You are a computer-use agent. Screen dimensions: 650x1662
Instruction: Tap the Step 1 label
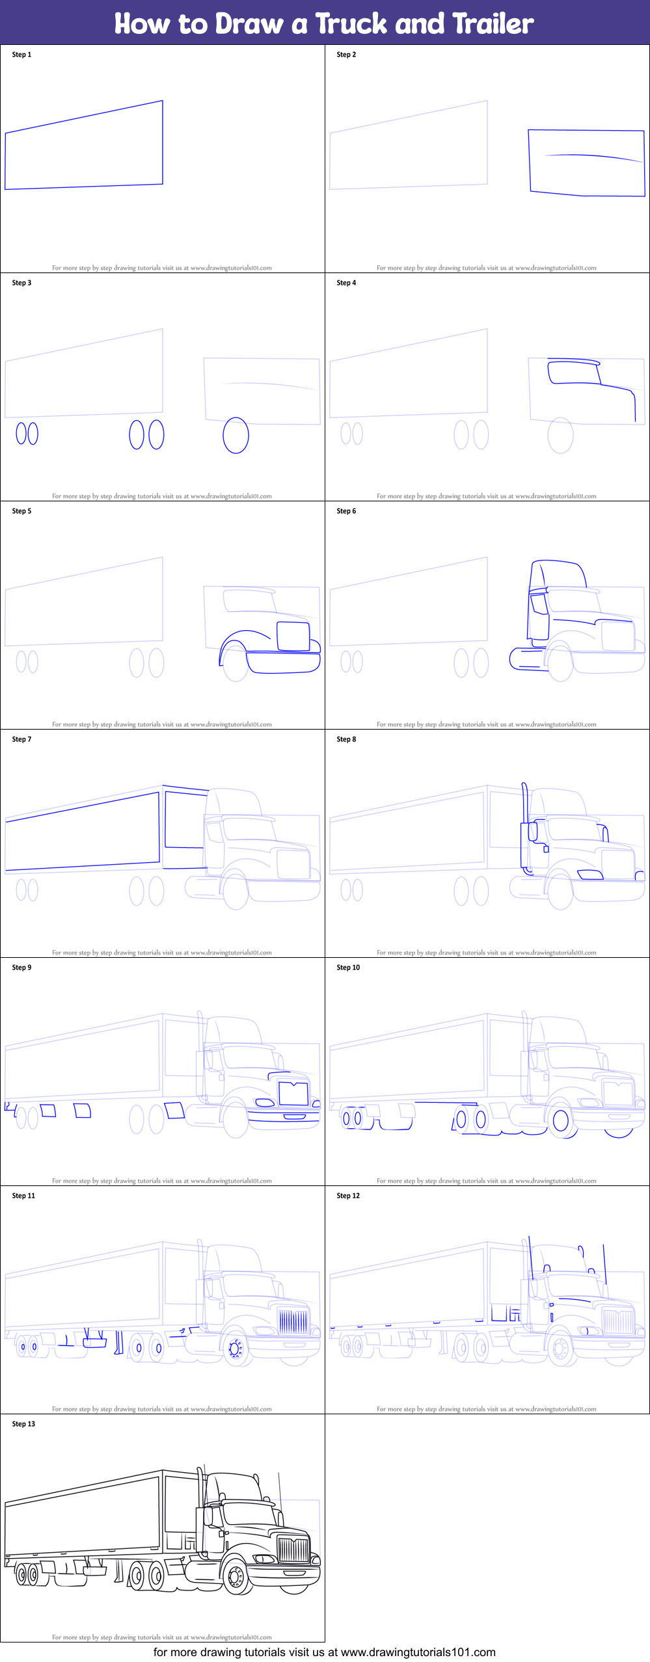(21, 55)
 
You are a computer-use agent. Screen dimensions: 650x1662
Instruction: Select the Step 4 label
(346, 283)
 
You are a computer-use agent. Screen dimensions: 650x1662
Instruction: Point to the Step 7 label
(21, 739)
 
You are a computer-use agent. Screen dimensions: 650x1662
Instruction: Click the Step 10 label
(348, 968)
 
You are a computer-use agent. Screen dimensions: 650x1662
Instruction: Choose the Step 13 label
(23, 1424)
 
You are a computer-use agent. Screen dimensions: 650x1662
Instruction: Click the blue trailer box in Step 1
(162, 143)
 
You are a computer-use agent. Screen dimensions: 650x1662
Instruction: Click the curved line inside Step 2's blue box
(593, 156)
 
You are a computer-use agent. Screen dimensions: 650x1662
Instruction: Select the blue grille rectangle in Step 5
(293, 622)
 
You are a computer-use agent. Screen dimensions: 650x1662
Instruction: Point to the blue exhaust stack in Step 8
(524, 826)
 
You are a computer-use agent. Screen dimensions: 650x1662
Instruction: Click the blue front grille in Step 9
(293, 1093)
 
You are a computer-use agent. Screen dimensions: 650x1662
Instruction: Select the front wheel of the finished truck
(236, 1576)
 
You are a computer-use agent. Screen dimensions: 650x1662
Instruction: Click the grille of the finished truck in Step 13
(293, 1550)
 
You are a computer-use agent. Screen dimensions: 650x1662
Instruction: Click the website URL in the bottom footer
(418, 1652)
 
